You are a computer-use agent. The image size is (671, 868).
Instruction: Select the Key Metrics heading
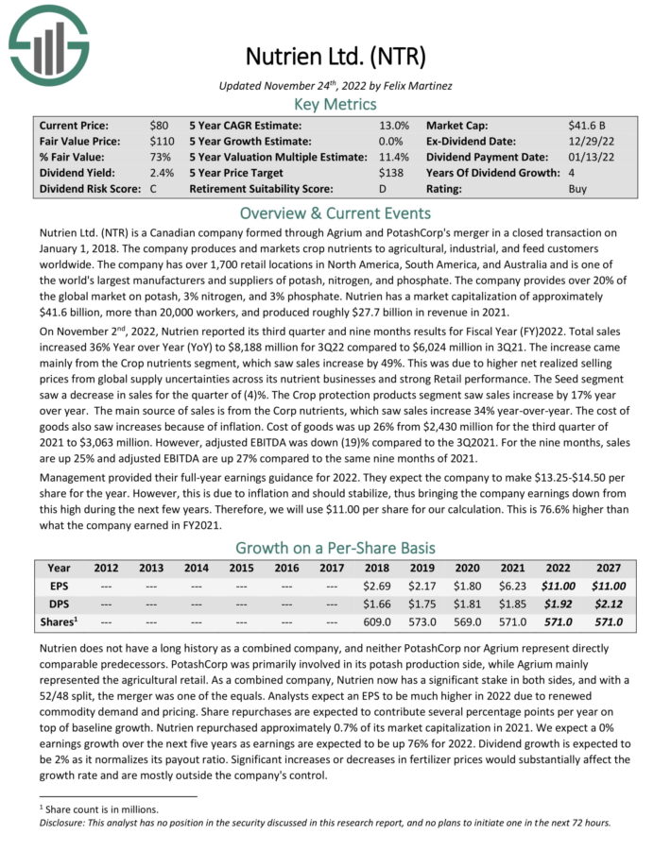(x=335, y=102)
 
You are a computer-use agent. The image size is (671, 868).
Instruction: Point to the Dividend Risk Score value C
(x=154, y=188)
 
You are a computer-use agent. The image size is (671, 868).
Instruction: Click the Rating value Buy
(x=578, y=188)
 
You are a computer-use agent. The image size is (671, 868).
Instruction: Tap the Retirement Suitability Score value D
(x=383, y=188)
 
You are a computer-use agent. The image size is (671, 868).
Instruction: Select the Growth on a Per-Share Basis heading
(x=335, y=547)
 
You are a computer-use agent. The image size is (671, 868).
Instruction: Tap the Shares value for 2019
(x=421, y=621)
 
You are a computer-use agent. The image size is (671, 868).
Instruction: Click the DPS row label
(x=59, y=604)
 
